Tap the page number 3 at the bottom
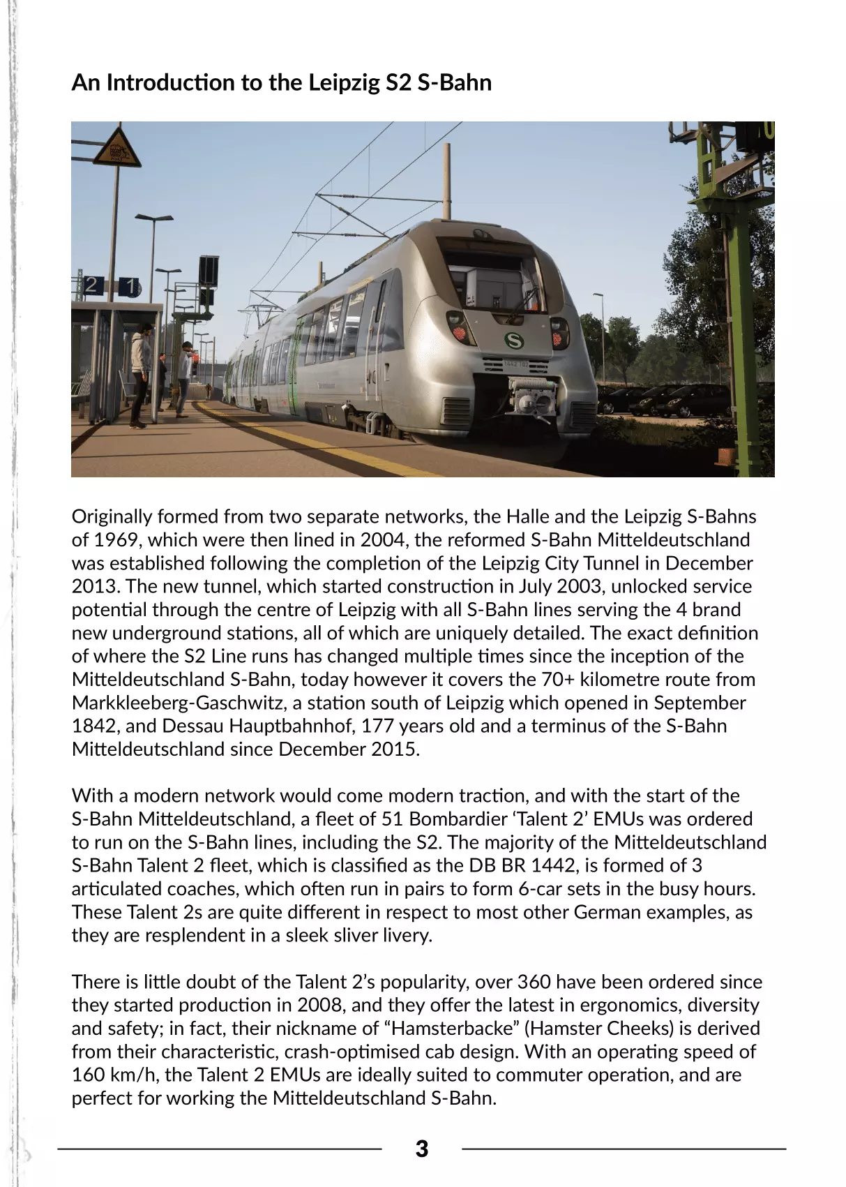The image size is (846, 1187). point(421,1149)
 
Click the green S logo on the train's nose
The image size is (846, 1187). point(513,341)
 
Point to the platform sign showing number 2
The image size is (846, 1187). point(91,285)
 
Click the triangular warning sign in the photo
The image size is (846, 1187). point(116,147)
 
